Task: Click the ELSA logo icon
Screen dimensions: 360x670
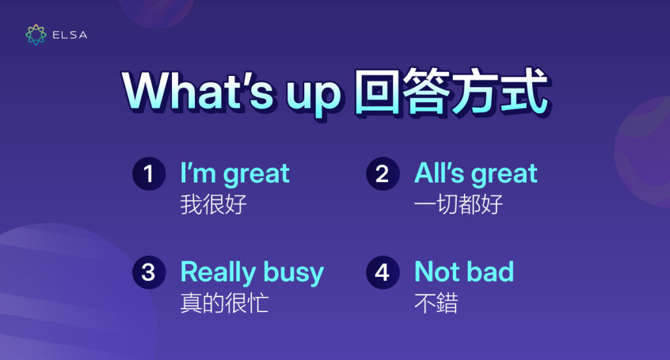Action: tap(36, 35)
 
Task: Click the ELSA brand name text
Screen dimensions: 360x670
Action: tap(69, 35)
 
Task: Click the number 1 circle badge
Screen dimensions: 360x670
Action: tap(149, 173)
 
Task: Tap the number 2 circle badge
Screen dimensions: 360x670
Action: tap(382, 173)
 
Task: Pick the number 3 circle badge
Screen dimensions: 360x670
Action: tap(149, 272)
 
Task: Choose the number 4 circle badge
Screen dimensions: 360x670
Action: tap(382, 272)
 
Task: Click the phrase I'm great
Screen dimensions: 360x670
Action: tap(234, 174)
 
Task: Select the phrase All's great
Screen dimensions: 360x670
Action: tap(476, 174)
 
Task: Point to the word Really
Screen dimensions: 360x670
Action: tap(219, 272)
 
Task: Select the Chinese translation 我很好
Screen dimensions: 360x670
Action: tap(213, 205)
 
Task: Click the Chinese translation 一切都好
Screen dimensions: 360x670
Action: tap(459, 205)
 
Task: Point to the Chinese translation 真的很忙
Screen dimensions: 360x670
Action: tap(224, 303)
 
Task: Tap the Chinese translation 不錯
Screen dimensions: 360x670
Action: tap(436, 303)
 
